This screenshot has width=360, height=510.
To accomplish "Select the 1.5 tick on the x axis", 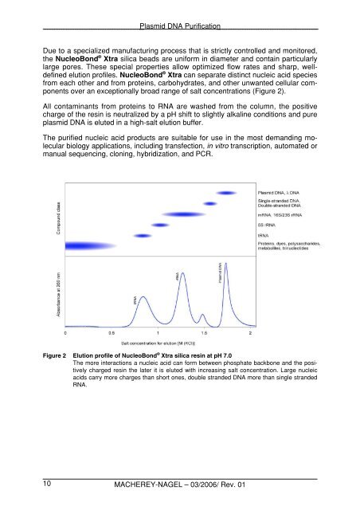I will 205,331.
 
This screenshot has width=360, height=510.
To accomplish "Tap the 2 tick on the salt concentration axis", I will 252,331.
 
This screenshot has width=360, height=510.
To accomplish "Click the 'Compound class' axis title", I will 48,222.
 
